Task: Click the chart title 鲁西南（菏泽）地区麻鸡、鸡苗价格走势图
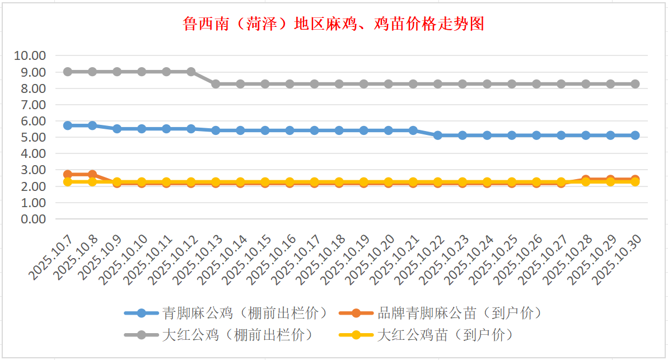(333, 24)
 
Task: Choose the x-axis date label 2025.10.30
(618, 259)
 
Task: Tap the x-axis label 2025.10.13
(199, 259)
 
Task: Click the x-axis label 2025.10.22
(421, 259)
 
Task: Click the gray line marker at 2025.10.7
(68, 72)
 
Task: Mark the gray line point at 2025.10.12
(191, 72)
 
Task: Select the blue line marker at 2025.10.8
(92, 125)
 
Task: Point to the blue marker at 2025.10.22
(438, 135)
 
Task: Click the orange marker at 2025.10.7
(68, 175)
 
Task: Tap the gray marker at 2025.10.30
(635, 84)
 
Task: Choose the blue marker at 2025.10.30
(635, 135)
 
